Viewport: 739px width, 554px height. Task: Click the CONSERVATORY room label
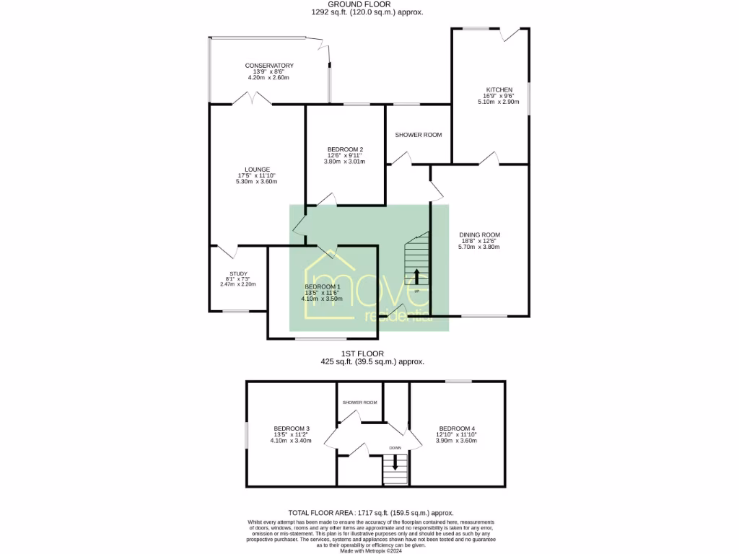(x=268, y=66)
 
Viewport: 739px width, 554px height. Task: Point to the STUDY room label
(x=238, y=273)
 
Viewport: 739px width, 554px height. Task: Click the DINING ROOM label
(x=479, y=234)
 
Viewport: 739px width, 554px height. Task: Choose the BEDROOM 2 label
(x=344, y=149)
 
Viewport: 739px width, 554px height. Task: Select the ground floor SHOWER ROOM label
(x=418, y=135)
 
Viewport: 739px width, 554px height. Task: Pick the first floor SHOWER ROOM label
(x=359, y=403)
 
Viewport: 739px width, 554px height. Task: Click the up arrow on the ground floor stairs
(x=416, y=278)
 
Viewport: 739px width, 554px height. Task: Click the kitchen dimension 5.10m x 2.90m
(x=499, y=102)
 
